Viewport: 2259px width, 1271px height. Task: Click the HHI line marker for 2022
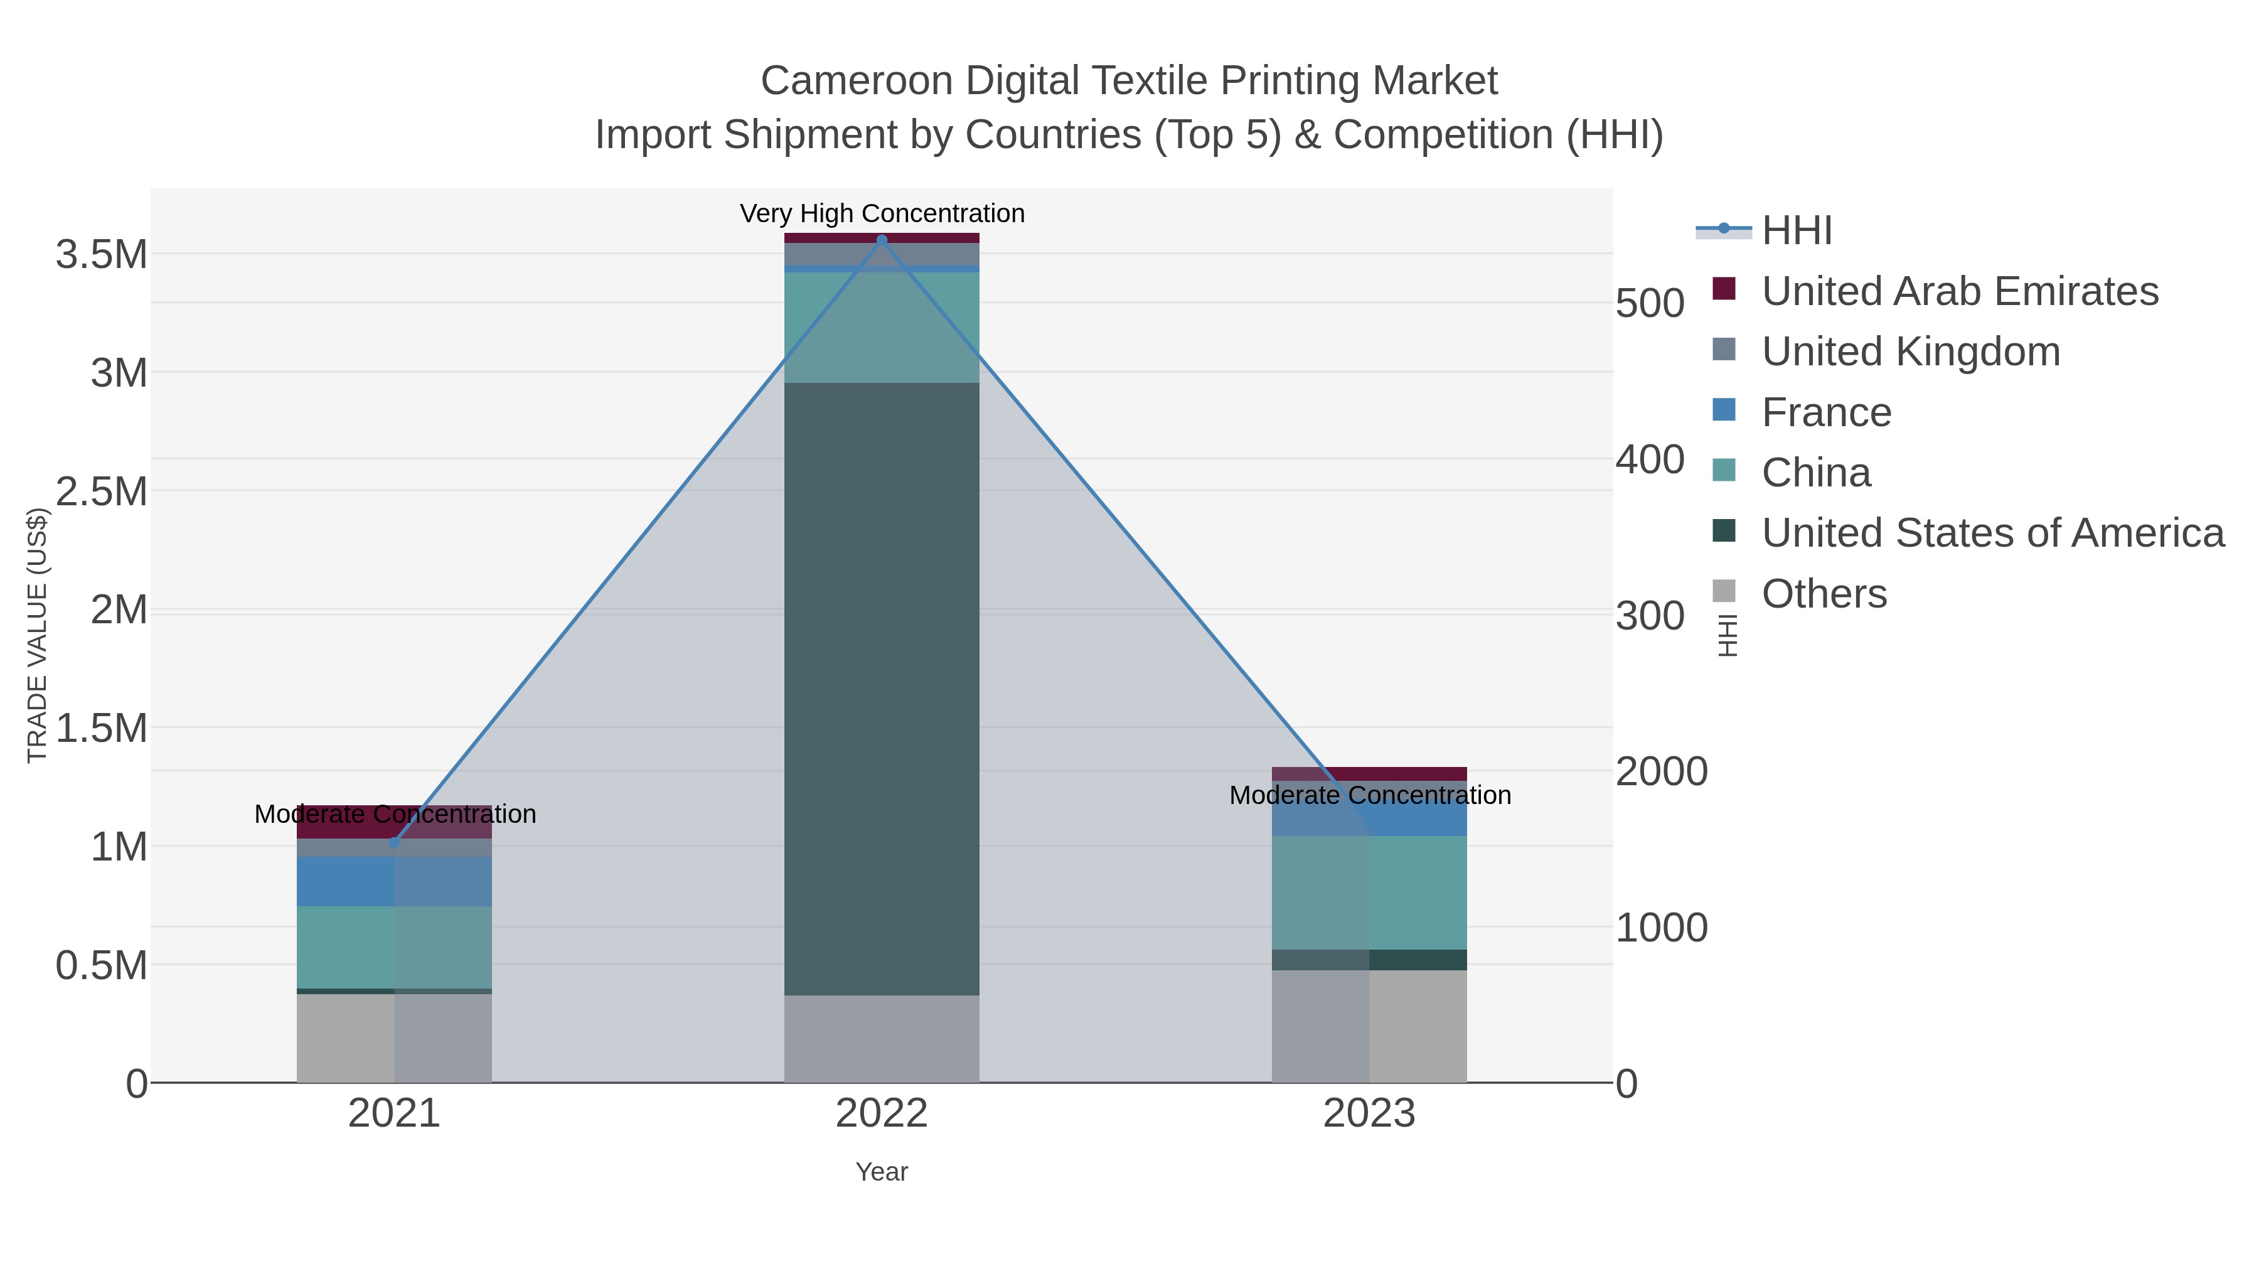coord(882,240)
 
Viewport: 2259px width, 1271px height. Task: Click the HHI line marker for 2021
coord(393,843)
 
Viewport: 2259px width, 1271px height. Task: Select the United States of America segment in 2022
coord(882,689)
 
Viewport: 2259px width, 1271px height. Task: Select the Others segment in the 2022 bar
coord(882,1039)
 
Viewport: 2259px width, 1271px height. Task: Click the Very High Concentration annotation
coord(882,213)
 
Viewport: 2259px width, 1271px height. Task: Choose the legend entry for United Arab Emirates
coord(1959,291)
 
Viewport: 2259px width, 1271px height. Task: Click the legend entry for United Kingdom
coord(1910,351)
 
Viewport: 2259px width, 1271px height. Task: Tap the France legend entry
coord(1826,412)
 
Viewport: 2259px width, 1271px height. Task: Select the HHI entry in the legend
coord(1796,231)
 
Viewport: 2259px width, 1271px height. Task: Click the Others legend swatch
coord(1723,591)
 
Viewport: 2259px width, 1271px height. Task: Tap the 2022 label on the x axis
coord(882,1114)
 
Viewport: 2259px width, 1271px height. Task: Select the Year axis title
coord(882,1172)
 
